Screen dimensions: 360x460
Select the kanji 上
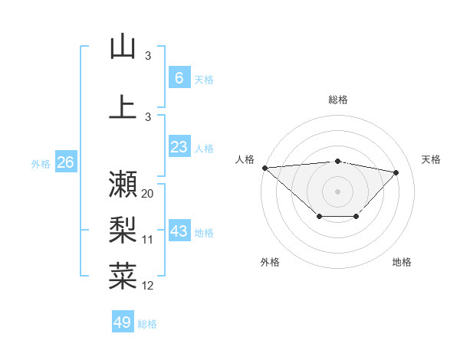tap(123, 106)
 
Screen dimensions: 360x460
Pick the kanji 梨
tap(123, 230)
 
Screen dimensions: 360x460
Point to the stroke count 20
tap(148, 194)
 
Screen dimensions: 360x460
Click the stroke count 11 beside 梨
tap(148, 240)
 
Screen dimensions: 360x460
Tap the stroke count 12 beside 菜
tap(148, 286)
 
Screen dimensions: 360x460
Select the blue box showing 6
tap(179, 77)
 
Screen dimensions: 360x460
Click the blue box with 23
tap(179, 147)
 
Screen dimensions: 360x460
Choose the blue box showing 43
tap(179, 231)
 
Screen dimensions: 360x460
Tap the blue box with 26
tap(65, 162)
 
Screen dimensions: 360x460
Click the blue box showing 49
tap(122, 322)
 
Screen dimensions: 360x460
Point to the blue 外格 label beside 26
tap(40, 163)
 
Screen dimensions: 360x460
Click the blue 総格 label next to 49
tap(147, 324)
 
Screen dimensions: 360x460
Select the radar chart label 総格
tap(337, 100)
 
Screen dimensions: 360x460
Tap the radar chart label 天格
tap(431, 159)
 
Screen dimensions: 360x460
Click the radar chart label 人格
tap(245, 159)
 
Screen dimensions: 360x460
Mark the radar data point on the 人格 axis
tap(264, 168)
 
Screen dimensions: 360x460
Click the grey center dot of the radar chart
tap(337, 191)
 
